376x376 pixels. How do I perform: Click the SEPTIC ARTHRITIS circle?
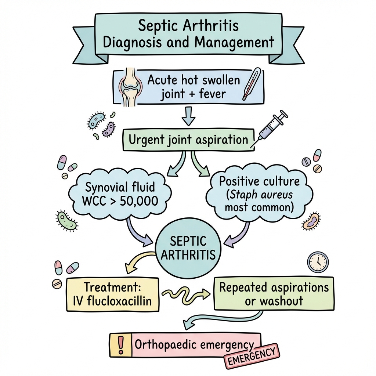point(188,248)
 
